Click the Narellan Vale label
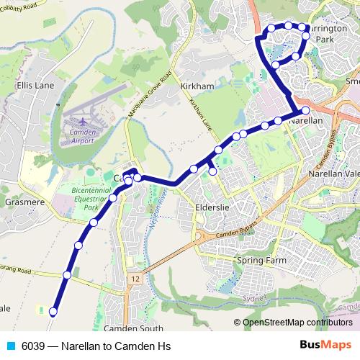pyautogui.click(x=333, y=174)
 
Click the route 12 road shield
pyautogui.click(x=134, y=277)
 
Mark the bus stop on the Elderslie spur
pyautogui.click(x=212, y=172)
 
